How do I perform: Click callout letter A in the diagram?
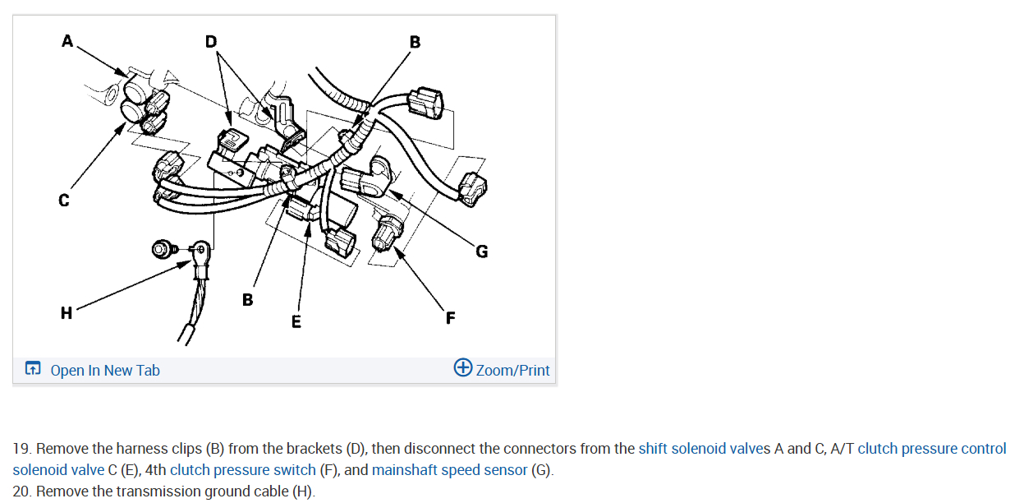point(67,40)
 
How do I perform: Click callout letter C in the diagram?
point(64,200)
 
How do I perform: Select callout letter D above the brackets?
point(211,41)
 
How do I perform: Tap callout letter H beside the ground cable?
point(67,312)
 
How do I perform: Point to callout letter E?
point(296,321)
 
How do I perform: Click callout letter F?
point(450,317)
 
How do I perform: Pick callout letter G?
point(481,251)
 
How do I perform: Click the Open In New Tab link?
point(104,370)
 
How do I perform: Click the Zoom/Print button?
point(512,370)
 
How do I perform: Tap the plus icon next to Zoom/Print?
point(463,367)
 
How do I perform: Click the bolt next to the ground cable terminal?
point(163,247)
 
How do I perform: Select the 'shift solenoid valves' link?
point(704,449)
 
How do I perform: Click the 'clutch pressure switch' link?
point(243,470)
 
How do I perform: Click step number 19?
point(21,449)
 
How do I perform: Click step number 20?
point(21,491)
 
